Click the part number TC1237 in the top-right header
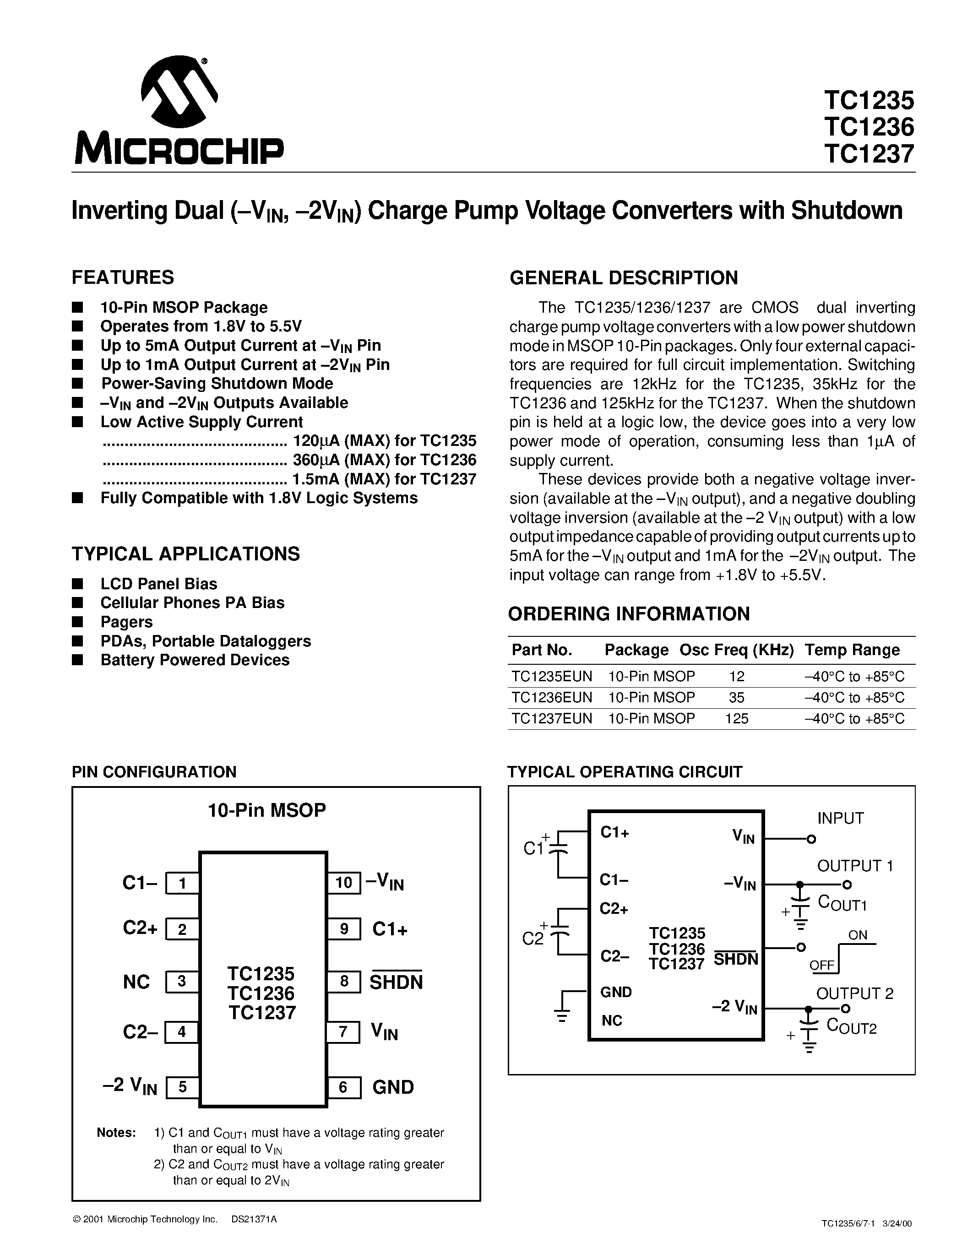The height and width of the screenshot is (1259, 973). point(869,154)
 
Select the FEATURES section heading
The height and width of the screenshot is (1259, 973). point(123,277)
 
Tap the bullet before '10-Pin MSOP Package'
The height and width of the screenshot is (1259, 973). point(77,307)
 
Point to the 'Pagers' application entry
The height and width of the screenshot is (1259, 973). point(126,622)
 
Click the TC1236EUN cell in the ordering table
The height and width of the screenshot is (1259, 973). point(552,698)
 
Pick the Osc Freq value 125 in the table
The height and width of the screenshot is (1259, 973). point(737,718)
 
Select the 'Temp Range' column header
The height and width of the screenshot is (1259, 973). point(852,650)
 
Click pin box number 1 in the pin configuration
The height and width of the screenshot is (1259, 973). point(182,883)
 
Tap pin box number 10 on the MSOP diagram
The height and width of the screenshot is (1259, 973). point(343,883)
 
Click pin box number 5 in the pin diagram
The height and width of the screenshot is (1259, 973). point(182,1087)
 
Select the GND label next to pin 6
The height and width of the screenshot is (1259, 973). point(393,1087)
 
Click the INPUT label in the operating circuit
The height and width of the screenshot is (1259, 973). point(840,818)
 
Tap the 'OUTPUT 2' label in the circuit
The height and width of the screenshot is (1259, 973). point(854,993)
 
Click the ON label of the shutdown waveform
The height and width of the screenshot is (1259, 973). point(858,935)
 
